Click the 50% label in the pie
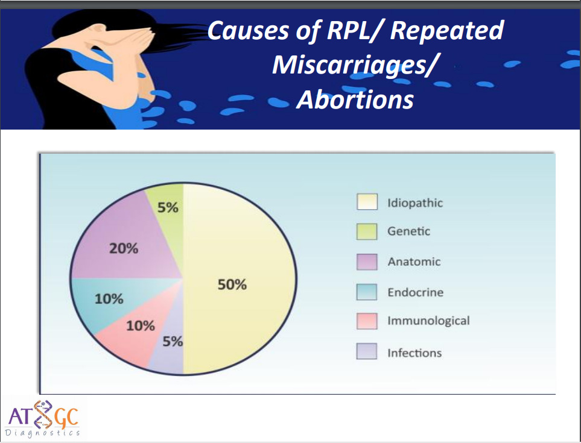[232, 284]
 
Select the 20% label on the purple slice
[124, 248]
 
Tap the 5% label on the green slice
[168, 207]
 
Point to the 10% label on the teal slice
[109, 299]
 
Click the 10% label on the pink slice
[141, 326]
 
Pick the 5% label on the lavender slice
[173, 341]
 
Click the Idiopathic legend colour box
[367, 202]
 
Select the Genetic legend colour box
[367, 231]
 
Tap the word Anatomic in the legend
[414, 262]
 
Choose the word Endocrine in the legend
[415, 292]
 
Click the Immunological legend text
[429, 321]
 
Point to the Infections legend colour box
[367, 351]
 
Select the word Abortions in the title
[355, 99]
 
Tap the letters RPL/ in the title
[354, 30]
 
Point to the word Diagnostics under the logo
[42, 433]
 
